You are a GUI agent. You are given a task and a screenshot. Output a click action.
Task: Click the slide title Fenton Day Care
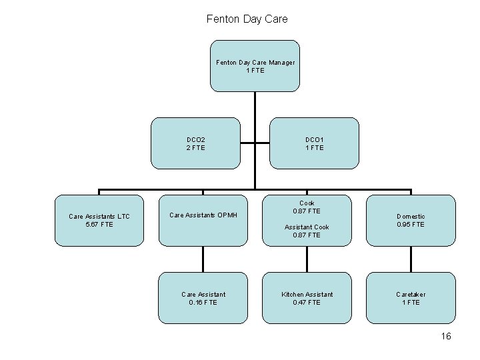pyautogui.click(x=247, y=19)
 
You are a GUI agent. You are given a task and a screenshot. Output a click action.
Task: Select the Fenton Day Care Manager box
pyautogui.click(x=255, y=66)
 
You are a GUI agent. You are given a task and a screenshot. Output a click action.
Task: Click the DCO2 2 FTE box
pyautogui.click(x=195, y=143)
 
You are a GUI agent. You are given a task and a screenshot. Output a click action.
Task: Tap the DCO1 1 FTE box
pyautogui.click(x=314, y=143)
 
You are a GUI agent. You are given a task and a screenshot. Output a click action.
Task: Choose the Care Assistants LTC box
pyautogui.click(x=99, y=220)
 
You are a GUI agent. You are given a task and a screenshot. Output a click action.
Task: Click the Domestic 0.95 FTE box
pyautogui.click(x=411, y=220)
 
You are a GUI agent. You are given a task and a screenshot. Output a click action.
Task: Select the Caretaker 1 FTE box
pyautogui.click(x=411, y=297)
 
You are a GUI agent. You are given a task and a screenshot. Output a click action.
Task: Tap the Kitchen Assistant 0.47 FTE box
pyautogui.click(x=307, y=297)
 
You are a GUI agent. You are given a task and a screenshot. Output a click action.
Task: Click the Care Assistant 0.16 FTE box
pyautogui.click(x=203, y=297)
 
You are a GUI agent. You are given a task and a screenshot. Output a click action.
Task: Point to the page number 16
pyautogui.click(x=446, y=336)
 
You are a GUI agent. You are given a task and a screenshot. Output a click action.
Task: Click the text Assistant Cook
pyautogui.click(x=307, y=227)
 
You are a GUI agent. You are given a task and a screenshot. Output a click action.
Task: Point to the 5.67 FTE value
pyautogui.click(x=99, y=224)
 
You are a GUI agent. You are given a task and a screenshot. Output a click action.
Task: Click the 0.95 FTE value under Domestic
pyautogui.click(x=411, y=225)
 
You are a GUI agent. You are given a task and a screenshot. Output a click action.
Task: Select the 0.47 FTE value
pyautogui.click(x=307, y=302)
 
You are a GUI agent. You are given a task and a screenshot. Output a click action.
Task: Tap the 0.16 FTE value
pyautogui.click(x=203, y=302)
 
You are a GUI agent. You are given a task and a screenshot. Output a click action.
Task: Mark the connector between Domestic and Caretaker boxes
pyautogui.click(x=411, y=259)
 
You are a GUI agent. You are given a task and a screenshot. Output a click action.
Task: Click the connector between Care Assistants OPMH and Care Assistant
pyautogui.click(x=203, y=259)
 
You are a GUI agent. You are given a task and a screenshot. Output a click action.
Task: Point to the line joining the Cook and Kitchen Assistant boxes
pyautogui.click(x=307, y=259)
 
